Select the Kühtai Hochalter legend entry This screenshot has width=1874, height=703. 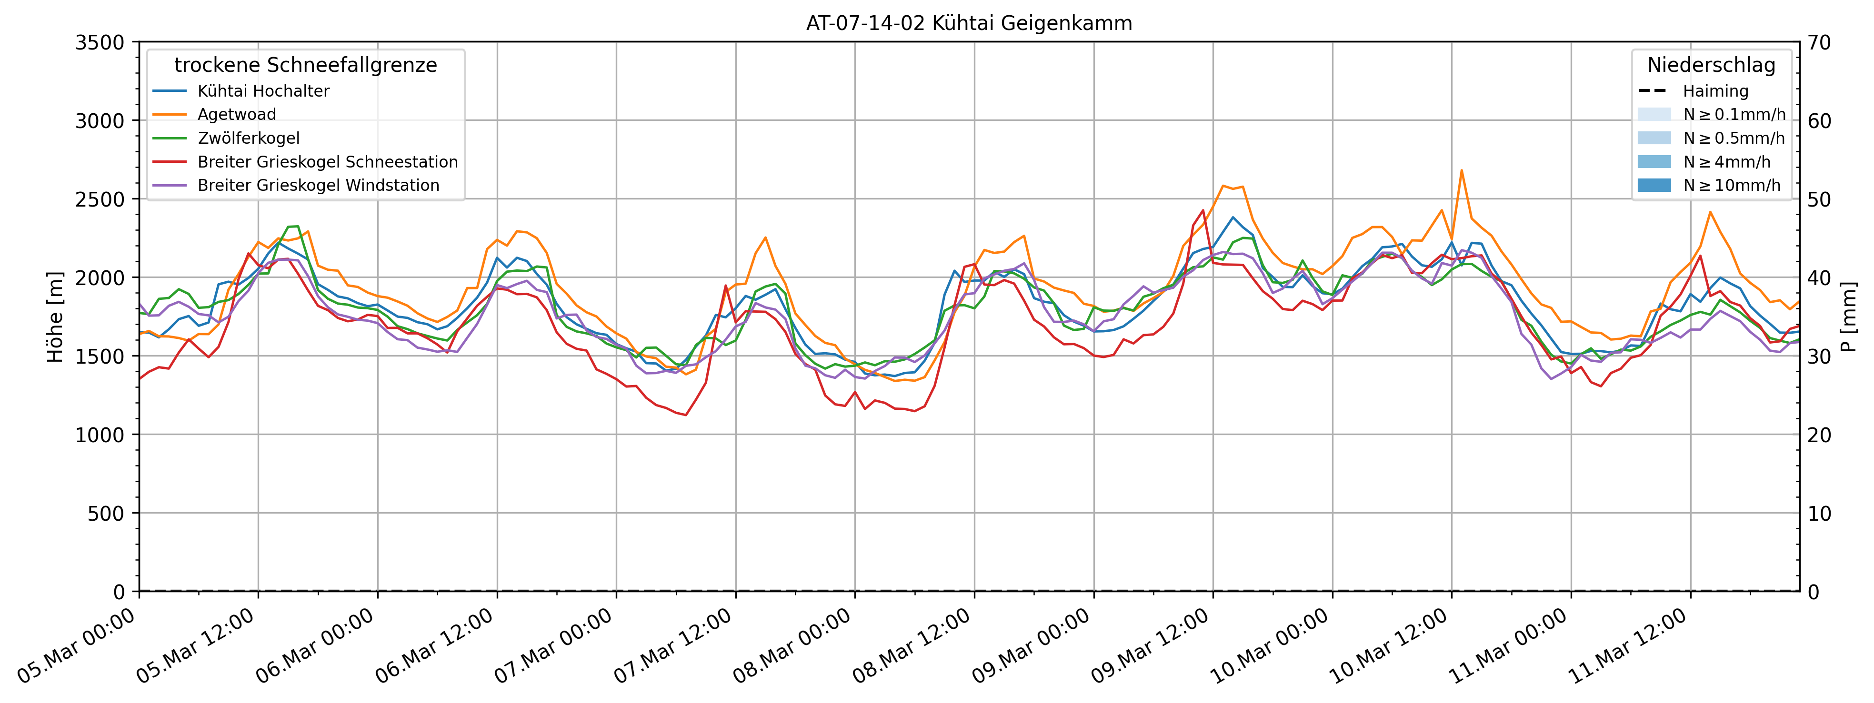pos(263,91)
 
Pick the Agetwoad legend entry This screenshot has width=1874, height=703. pos(236,115)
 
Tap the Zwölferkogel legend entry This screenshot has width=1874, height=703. pos(248,138)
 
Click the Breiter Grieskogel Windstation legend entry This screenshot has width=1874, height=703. pos(318,185)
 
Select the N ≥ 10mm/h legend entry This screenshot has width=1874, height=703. pos(1732,185)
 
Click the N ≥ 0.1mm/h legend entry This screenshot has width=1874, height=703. pos(1734,115)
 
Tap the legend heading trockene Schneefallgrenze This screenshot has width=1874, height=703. pos(306,65)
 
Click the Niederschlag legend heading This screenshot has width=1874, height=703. pos(1711,65)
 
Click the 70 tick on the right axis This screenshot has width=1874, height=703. pos(1819,43)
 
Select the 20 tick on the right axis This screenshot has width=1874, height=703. pos(1819,435)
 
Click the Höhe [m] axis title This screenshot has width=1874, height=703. pos(55,317)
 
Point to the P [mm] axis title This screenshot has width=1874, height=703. pos(1849,317)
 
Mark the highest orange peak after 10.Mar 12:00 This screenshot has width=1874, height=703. pos(1462,171)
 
